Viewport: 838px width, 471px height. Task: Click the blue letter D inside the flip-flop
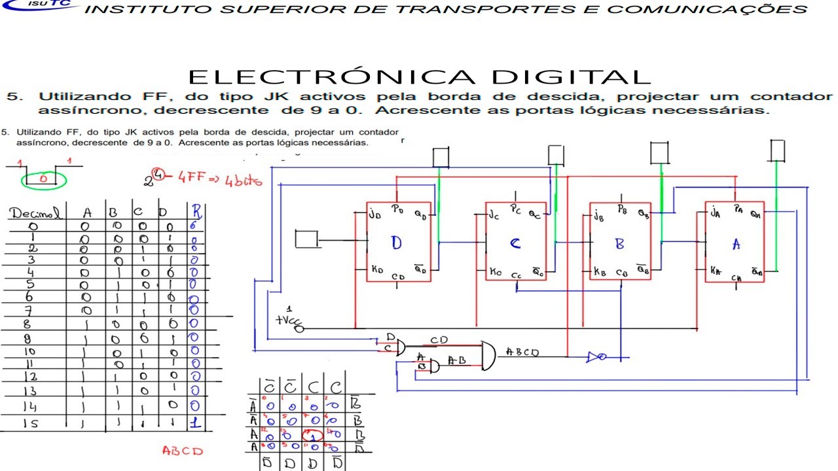tap(396, 243)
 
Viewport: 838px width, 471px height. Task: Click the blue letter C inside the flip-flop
tap(515, 244)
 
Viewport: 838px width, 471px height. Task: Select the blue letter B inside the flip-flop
tap(619, 244)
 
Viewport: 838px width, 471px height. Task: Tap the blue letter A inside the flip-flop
tap(736, 244)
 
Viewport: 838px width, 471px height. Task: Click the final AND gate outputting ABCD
tap(489, 355)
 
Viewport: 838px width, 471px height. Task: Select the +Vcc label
tap(287, 320)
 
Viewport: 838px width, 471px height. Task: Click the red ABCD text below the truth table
tap(182, 451)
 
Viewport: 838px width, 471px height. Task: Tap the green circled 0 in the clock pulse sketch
tap(43, 178)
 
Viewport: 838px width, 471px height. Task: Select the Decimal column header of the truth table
tap(37, 213)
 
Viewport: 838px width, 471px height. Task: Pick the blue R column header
tap(196, 211)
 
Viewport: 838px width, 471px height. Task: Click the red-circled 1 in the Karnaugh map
tap(312, 435)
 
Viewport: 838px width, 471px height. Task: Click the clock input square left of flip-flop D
tap(306, 239)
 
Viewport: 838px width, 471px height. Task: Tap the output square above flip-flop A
tap(777, 150)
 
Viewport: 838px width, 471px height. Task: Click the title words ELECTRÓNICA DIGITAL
tap(419, 77)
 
